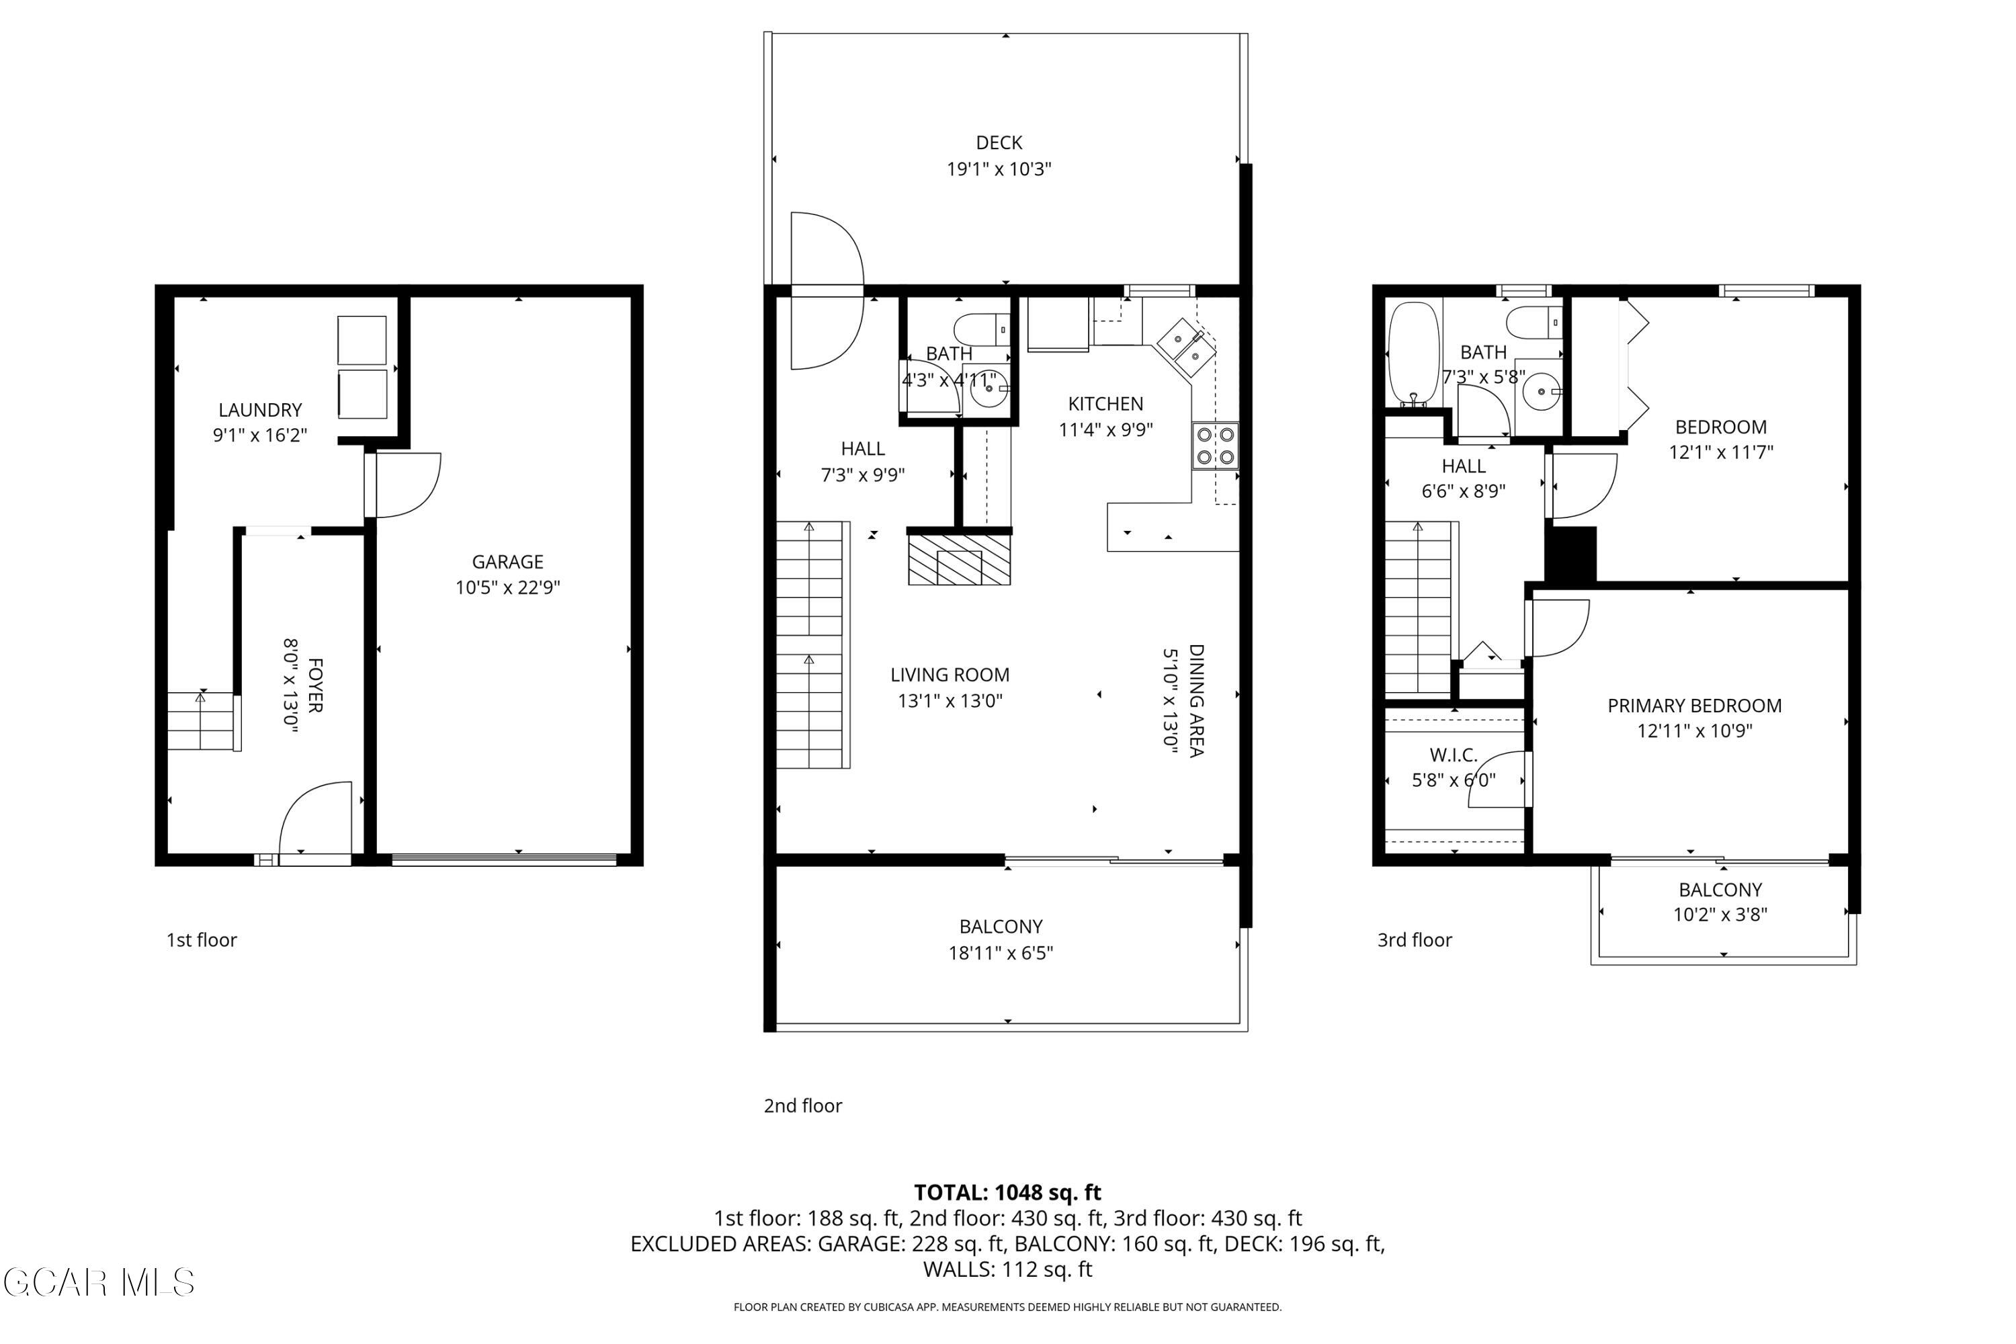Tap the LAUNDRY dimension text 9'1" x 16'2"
coord(259,435)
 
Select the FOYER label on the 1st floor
coord(314,685)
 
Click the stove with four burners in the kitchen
coord(1214,446)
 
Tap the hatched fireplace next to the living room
coord(959,560)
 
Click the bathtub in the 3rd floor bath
coord(1413,353)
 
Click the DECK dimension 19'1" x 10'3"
coord(999,169)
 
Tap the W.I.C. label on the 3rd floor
coord(1453,755)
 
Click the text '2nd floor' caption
coord(802,1105)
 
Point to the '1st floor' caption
coord(202,940)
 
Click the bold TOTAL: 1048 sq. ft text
coord(1007,1192)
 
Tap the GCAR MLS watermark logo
coord(99,1283)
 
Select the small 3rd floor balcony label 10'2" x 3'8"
coord(1720,915)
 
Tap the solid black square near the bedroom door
coord(1570,554)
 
